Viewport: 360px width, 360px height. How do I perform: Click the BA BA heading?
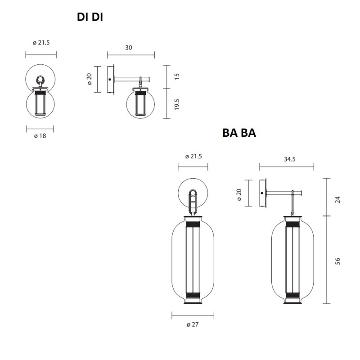[x=239, y=133]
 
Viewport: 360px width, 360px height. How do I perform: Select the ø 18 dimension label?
[x=40, y=136]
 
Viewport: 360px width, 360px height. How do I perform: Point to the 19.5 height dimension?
[x=177, y=104]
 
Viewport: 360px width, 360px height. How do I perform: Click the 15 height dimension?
[x=177, y=77]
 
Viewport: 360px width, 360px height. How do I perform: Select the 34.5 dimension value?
[x=286, y=159]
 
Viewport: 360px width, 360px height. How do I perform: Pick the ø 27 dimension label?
[x=192, y=324]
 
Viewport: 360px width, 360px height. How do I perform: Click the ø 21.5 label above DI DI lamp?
[x=40, y=43]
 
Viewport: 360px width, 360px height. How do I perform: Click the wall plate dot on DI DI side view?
[x=110, y=80]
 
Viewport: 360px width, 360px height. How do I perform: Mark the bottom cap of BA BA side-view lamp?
[x=293, y=298]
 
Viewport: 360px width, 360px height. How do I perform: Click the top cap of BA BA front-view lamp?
[x=193, y=220]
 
